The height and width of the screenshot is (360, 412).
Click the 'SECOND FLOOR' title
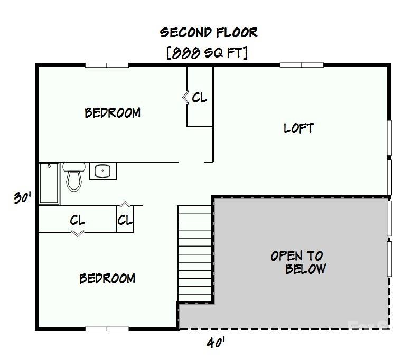point(209,33)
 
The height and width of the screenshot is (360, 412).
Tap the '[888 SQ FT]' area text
point(207,53)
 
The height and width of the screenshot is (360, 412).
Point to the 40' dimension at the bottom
point(216,344)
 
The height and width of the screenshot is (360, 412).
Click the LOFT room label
point(298,128)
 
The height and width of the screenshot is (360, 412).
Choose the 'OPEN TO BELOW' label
point(298,262)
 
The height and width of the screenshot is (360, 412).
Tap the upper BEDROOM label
point(113,112)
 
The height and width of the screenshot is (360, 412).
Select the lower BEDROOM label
point(107,278)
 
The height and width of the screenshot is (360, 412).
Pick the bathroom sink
point(102,171)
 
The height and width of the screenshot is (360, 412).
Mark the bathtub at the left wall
point(49,183)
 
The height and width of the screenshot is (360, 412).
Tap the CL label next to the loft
point(200,98)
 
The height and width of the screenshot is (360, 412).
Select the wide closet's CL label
point(78,220)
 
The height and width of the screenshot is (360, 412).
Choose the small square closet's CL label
point(125,220)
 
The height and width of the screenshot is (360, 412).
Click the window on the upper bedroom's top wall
point(107,65)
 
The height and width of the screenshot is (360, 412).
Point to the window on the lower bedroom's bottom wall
point(107,329)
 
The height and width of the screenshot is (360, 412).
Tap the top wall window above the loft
point(302,65)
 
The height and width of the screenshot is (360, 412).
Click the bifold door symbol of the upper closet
point(185,98)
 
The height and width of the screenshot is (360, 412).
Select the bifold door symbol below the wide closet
point(78,233)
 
